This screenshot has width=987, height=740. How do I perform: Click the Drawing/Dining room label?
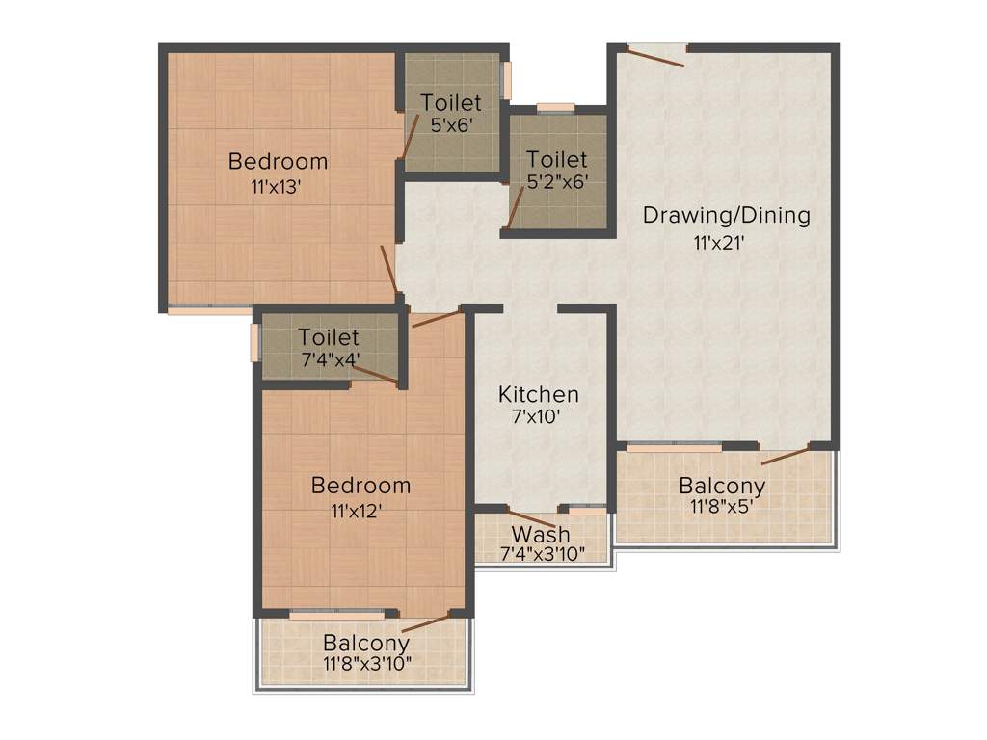tap(727, 215)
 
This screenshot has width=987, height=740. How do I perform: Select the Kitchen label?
tap(538, 394)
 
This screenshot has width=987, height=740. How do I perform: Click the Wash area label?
tap(541, 534)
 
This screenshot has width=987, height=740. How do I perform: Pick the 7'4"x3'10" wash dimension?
tap(541, 554)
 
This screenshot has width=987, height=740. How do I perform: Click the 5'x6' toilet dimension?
tap(451, 124)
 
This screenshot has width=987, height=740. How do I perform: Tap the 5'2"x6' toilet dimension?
tap(556, 179)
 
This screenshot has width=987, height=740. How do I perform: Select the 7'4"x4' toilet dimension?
tap(329, 358)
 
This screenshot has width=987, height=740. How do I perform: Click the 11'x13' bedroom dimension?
tap(278, 188)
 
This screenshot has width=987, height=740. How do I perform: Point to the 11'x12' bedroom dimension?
tap(360, 511)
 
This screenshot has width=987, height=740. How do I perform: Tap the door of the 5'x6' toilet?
tap(410, 136)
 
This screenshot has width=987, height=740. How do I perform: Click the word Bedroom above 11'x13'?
tap(278, 161)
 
